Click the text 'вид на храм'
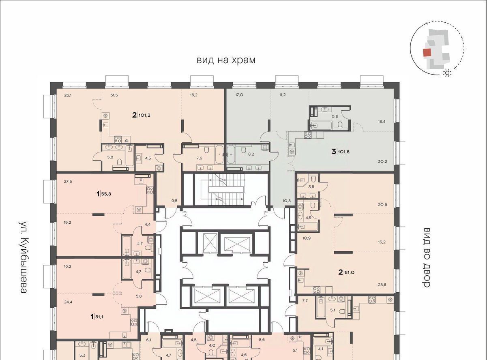pos(226,60)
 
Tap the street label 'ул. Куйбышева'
pos(23,257)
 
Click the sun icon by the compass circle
pos(447,73)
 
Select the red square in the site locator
pos(427,53)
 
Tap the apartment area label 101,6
pos(343,152)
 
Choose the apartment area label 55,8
pos(106,194)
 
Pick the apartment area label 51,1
pos(99,317)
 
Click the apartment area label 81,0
pos(350,272)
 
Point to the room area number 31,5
pos(114,95)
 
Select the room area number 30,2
pos(382,161)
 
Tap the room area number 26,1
pos(68,95)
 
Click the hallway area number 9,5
pos(174,200)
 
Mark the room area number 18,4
pos(382,121)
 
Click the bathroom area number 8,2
pos(251,154)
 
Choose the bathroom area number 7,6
pos(199,158)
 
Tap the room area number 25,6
pos(382,285)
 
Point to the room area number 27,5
pos(68,181)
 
